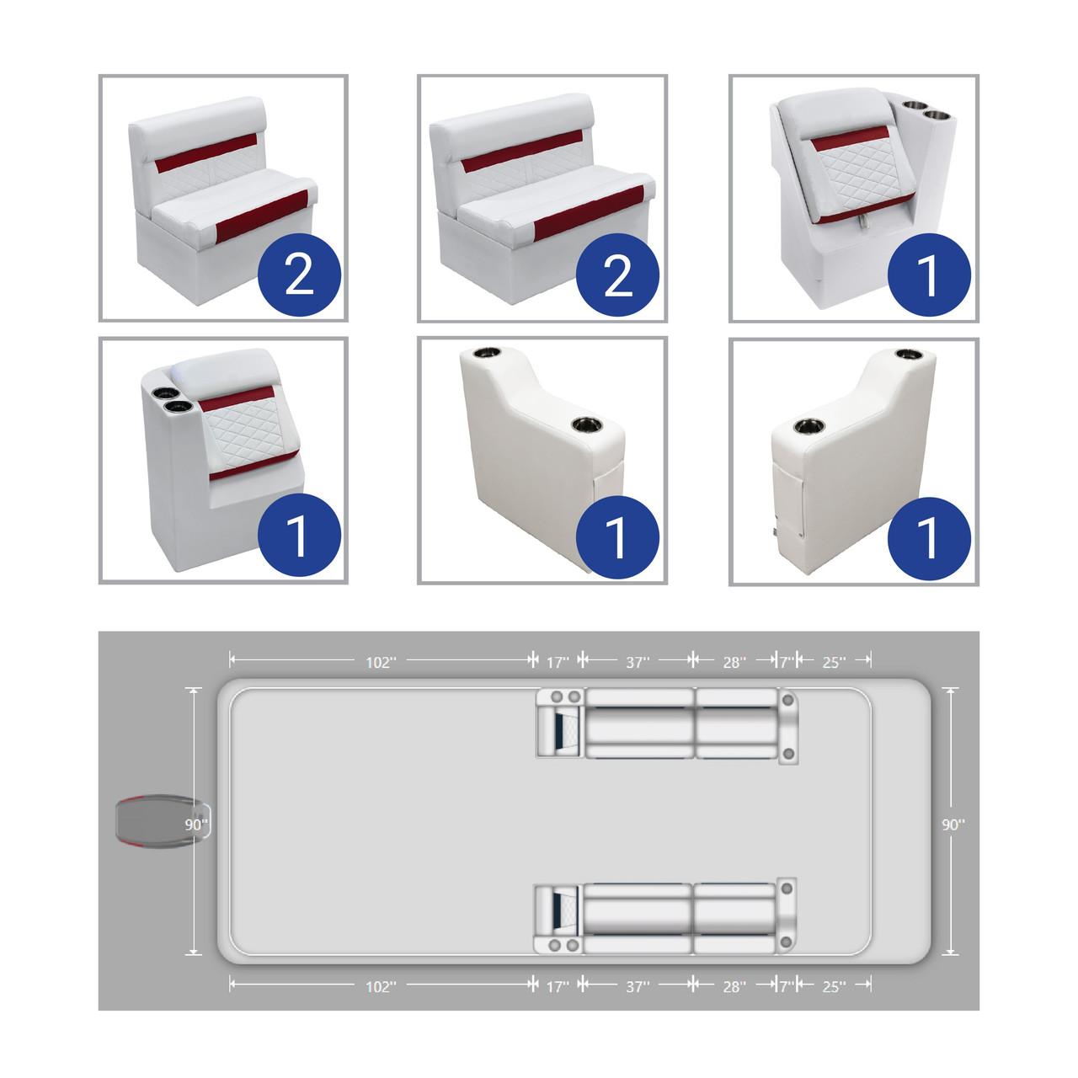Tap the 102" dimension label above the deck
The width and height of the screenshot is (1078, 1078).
(381, 663)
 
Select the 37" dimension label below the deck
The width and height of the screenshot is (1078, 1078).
(638, 987)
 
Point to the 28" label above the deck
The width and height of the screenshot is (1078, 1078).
(734, 663)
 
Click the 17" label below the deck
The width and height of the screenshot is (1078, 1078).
(558, 987)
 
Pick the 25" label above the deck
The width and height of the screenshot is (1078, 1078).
(834, 663)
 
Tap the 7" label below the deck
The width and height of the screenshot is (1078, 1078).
(787, 987)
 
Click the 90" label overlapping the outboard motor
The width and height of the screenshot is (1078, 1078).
(196, 825)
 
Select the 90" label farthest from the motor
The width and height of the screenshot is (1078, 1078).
(953, 825)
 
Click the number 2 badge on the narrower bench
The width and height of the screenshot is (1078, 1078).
(299, 275)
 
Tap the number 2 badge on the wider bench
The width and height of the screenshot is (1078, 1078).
(617, 275)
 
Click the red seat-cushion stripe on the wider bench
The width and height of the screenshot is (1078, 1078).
(589, 212)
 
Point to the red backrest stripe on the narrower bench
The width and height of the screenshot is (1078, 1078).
(205, 152)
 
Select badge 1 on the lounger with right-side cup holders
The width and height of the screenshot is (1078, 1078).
(929, 275)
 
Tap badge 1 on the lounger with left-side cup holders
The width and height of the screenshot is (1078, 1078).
(299, 535)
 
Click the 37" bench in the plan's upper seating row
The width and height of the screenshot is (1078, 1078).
(640, 723)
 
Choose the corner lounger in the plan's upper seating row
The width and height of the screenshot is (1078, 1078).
(561, 723)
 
